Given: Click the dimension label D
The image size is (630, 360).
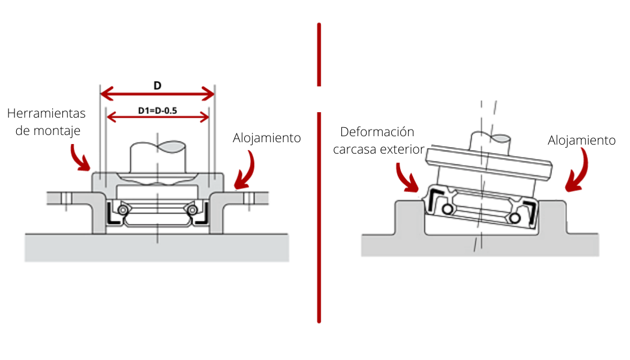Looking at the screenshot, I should [x=157, y=85].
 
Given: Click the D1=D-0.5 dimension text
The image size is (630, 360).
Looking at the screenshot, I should [x=157, y=110].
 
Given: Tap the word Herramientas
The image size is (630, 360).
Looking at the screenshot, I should [x=46, y=113].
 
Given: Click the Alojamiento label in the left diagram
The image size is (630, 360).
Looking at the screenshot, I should [x=266, y=138].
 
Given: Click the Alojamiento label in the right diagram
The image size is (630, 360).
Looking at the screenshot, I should [x=581, y=140].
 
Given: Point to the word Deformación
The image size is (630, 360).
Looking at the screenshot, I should [x=377, y=132].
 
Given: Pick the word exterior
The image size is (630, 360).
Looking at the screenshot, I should [x=403, y=149].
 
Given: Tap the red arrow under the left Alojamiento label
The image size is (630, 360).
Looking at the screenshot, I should [x=245, y=171].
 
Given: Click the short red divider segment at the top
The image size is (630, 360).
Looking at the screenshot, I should [x=319, y=55].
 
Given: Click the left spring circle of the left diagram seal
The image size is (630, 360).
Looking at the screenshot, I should [x=122, y=209].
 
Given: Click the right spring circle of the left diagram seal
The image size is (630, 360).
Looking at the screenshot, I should [x=191, y=209].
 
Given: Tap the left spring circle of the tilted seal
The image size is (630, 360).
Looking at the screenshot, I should [x=447, y=209].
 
